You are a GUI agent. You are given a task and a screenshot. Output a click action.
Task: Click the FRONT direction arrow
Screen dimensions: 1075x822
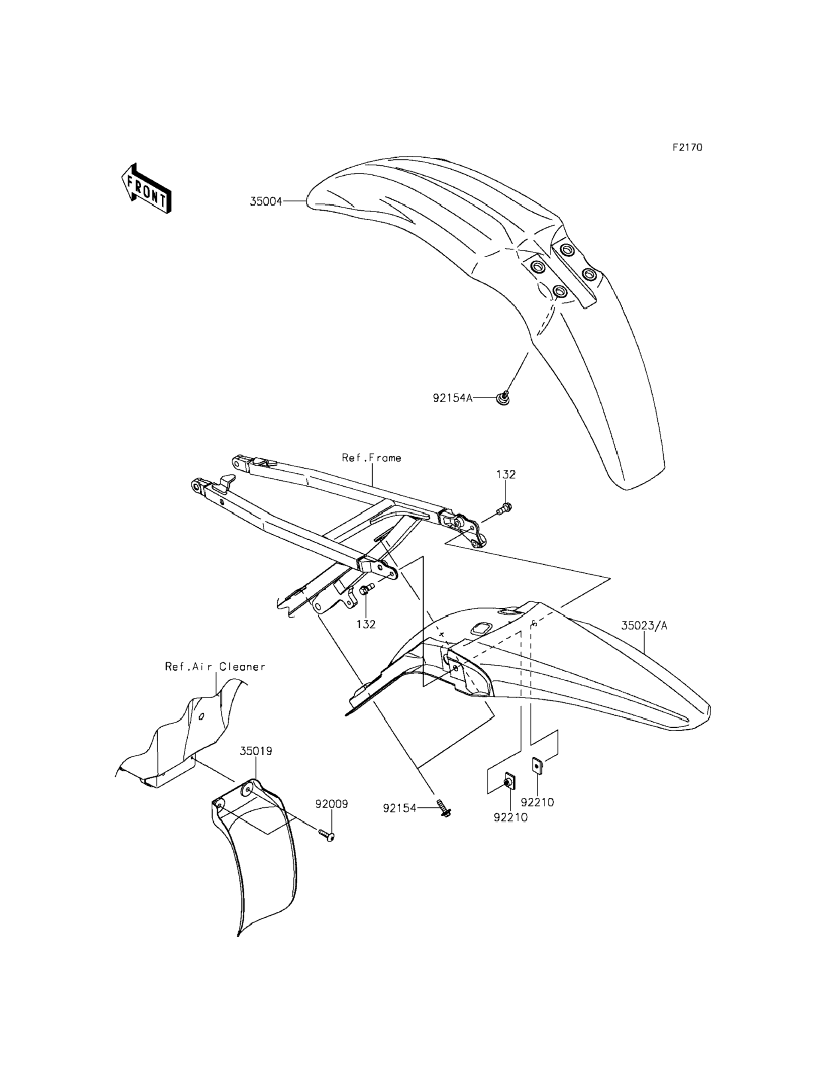(x=146, y=189)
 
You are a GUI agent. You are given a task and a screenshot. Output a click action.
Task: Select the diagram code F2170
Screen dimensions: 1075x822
(x=687, y=147)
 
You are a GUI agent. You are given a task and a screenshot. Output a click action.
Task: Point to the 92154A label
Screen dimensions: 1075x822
(x=452, y=398)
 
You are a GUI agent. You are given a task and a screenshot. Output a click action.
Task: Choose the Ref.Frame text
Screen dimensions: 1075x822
(x=372, y=458)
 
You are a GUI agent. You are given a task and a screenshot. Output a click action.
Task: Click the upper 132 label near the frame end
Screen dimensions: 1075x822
(x=506, y=475)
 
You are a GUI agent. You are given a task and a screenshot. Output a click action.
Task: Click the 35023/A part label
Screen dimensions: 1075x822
(x=644, y=626)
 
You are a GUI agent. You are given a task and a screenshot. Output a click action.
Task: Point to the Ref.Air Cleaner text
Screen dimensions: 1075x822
(x=215, y=667)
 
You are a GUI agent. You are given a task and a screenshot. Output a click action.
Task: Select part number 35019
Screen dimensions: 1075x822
(x=256, y=751)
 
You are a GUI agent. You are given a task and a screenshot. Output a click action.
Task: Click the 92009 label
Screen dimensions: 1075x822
(x=331, y=804)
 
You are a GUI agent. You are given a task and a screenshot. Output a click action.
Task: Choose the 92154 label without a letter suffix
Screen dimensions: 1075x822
(x=399, y=809)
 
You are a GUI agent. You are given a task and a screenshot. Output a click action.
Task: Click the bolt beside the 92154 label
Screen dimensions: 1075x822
(x=445, y=809)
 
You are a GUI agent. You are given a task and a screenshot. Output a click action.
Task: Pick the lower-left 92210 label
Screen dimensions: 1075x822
(x=511, y=818)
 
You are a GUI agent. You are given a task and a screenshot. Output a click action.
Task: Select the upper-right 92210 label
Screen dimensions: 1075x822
(x=537, y=803)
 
